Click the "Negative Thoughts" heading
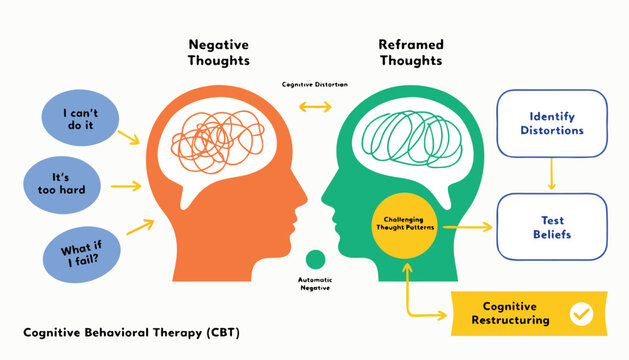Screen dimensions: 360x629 [x=218, y=54]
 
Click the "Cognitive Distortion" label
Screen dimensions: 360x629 [x=314, y=84]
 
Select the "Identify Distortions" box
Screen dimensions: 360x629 [x=551, y=123]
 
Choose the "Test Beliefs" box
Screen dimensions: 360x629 [x=551, y=227]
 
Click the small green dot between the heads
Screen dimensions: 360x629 [x=315, y=259]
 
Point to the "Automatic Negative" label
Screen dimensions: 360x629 [x=315, y=283]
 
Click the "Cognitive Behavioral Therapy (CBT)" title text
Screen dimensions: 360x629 [x=131, y=331]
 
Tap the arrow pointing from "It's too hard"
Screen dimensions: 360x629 [x=125, y=185]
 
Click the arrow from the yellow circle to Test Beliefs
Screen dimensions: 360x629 [x=467, y=227]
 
